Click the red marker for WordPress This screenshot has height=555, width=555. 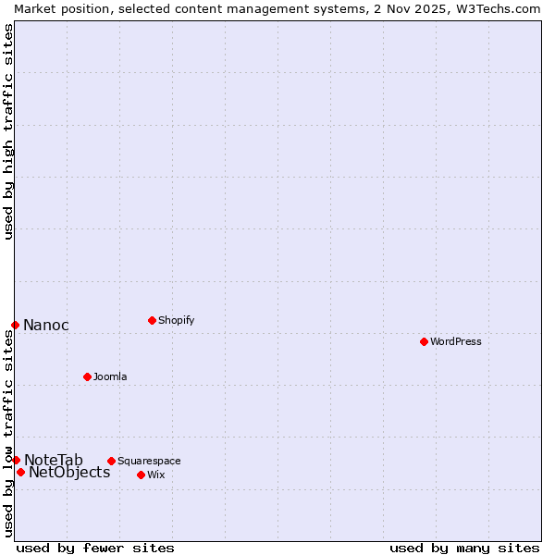424,341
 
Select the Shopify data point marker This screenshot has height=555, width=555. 152,320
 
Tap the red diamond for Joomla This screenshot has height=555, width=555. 87,376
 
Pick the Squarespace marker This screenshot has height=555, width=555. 111,461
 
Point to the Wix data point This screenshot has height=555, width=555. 141,475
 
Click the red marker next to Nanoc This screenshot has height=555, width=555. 15,325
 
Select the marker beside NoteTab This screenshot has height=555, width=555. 16,460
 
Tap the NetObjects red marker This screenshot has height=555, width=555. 20,472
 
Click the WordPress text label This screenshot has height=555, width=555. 456,341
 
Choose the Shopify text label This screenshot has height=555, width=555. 176,320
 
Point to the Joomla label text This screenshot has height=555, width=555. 110,376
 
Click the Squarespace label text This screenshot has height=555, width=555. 149,461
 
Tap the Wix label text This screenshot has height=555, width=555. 155,475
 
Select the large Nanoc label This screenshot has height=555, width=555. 46,325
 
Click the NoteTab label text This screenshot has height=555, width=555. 54,460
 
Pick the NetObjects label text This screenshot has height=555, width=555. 69,473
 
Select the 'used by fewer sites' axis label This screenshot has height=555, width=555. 95,548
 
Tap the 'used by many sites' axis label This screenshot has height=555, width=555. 464,548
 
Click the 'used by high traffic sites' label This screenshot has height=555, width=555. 8,131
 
